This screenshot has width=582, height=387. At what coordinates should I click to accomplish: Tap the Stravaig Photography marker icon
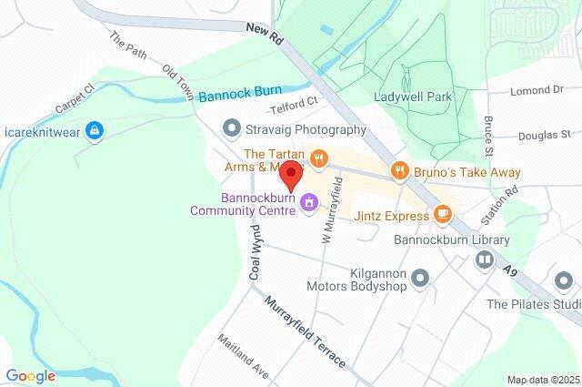(231, 128)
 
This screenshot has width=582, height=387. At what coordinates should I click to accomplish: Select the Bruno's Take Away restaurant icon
(398, 170)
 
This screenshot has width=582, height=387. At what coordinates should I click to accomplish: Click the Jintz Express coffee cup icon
(442, 214)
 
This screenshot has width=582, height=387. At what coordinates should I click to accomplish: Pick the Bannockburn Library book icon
(485, 260)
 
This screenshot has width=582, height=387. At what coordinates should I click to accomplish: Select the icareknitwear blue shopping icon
(93, 131)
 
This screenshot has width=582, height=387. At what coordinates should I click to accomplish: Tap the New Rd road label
(266, 30)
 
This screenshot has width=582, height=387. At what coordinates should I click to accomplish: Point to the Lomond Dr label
(537, 91)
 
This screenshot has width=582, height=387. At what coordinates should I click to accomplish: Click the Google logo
(30, 375)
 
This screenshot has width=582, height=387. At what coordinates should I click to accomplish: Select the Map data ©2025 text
(542, 380)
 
